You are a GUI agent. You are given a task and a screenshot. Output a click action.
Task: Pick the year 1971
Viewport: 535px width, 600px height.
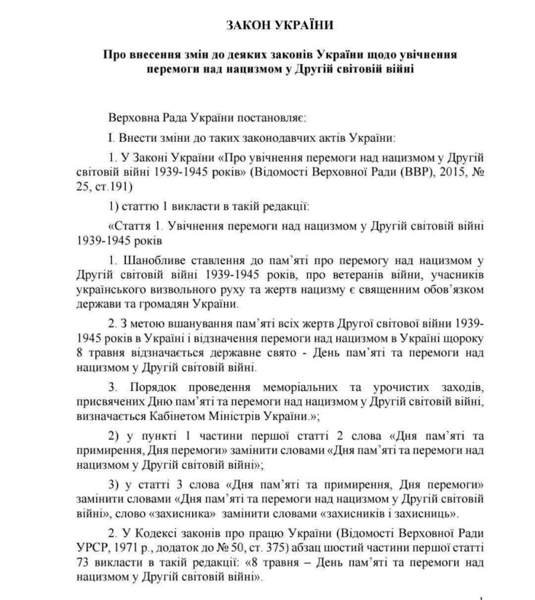click(x=129, y=551)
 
